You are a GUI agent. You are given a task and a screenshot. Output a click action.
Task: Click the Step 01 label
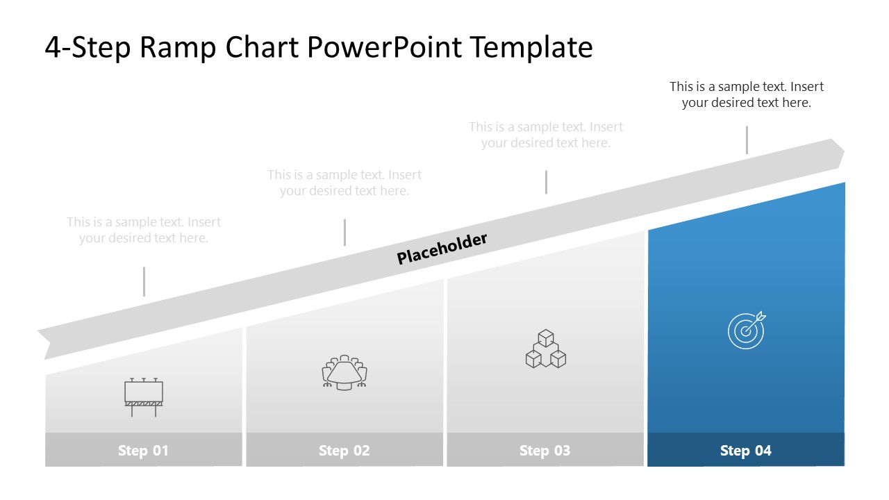(143, 451)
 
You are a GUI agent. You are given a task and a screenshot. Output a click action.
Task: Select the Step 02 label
(344, 451)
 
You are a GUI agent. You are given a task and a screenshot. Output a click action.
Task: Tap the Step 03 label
(545, 451)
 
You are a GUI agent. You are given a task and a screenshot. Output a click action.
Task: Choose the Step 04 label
(746, 451)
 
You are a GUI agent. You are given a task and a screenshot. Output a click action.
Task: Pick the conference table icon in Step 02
(344, 373)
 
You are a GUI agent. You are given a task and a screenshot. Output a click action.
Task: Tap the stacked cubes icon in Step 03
(545, 349)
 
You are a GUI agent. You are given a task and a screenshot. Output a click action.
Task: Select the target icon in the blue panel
(747, 330)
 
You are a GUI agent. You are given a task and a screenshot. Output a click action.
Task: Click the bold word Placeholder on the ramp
(442, 248)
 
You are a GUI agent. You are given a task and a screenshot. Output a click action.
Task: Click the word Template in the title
(531, 47)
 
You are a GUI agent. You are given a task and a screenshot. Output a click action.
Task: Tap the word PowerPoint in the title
(381, 47)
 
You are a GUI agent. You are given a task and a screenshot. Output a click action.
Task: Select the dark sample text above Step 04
(747, 94)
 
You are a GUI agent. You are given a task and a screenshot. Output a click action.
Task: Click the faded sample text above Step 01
(144, 230)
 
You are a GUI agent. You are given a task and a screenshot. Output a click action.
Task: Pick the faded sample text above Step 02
(344, 183)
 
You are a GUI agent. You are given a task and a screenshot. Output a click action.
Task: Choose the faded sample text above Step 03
(546, 135)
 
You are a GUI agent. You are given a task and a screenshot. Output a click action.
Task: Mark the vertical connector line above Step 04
(747, 140)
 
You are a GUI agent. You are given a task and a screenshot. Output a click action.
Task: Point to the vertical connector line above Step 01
(144, 281)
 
